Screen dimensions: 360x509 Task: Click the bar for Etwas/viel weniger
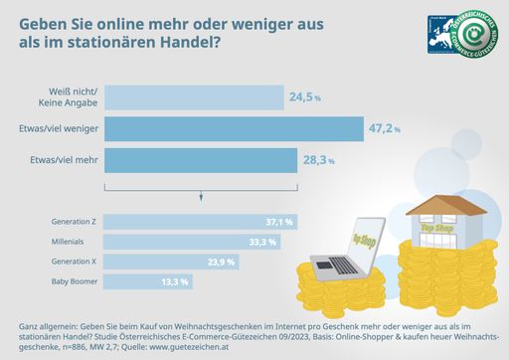pos(234,128)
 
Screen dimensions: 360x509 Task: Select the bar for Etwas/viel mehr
pos(200,160)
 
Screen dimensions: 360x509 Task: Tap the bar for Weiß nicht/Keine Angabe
pos(193,96)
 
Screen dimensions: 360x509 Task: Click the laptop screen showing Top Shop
pos(364,238)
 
